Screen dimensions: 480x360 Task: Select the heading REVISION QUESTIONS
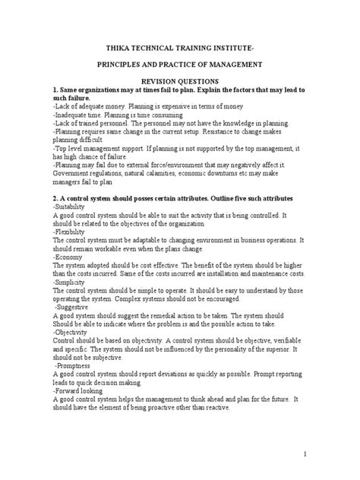coord(180,79)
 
